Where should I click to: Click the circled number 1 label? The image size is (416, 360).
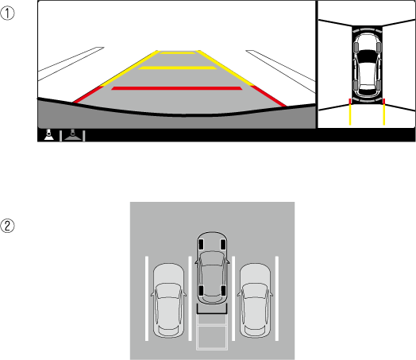(7, 14)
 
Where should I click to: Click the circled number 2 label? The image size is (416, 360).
(7, 226)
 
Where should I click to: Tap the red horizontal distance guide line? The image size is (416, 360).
(177, 88)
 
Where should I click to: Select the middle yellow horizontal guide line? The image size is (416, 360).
(178, 68)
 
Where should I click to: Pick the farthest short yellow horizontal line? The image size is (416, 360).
(178, 53)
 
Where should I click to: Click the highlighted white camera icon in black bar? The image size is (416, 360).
(48, 134)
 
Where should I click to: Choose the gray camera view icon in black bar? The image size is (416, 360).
(72, 135)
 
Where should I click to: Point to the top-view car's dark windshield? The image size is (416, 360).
(368, 56)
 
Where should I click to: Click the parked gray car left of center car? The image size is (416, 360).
(168, 300)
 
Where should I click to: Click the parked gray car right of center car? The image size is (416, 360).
(255, 300)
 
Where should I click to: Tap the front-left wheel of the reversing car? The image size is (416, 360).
(201, 245)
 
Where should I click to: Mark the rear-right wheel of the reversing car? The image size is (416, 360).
(223, 291)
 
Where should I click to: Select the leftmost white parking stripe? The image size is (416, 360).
(147, 298)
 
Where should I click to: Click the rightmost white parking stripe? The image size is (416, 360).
(277, 298)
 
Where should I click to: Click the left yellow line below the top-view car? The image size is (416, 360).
(350, 114)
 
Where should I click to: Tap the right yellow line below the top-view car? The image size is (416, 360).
(384, 114)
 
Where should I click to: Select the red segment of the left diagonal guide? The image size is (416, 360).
(88, 94)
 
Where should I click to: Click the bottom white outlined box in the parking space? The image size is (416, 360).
(212, 338)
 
